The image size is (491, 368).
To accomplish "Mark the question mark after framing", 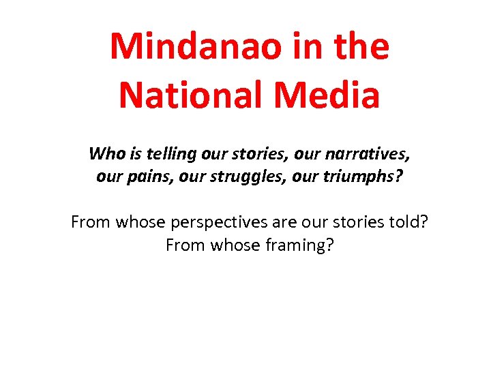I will tap(330, 245).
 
